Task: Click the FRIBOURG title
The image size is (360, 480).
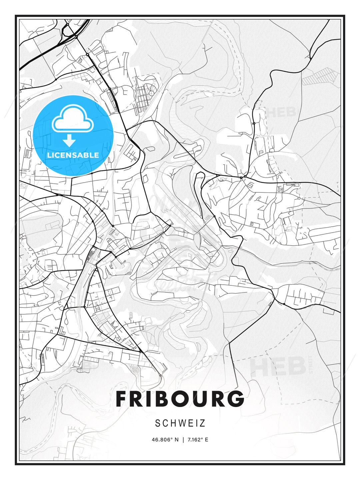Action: [180, 399]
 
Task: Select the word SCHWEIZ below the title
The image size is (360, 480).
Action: [180, 423]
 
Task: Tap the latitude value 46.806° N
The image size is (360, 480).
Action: [165, 440]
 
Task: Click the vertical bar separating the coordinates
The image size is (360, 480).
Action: [183, 440]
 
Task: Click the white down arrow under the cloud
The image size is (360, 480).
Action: [69, 140]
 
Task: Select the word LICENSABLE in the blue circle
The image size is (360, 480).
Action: [73, 155]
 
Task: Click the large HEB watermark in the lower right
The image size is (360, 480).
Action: [278, 367]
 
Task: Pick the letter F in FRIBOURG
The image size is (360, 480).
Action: [122, 399]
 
